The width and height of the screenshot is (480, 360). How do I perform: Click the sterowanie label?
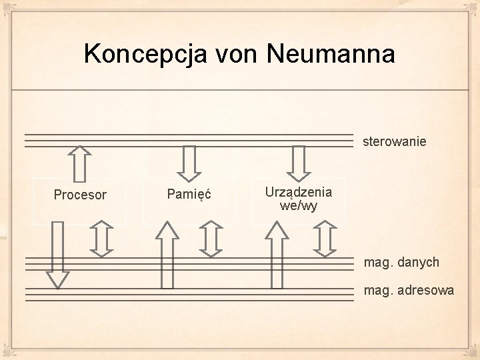394,142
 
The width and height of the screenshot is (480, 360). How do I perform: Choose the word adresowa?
423,290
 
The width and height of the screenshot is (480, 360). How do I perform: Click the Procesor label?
80,195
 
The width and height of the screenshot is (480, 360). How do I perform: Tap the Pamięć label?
189,195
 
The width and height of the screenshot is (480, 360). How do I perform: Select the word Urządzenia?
299,191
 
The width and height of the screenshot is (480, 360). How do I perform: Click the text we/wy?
299,205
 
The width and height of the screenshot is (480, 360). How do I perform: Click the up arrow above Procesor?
80,163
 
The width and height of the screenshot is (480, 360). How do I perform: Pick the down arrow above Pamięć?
189,162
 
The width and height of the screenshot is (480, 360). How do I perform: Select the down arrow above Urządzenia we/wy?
299,162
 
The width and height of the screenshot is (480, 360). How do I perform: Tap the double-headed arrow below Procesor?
101,239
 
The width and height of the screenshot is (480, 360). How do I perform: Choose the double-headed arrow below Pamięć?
211,239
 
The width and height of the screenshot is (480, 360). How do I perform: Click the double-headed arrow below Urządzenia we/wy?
325,239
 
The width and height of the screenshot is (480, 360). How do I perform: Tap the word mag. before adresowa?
375,290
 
